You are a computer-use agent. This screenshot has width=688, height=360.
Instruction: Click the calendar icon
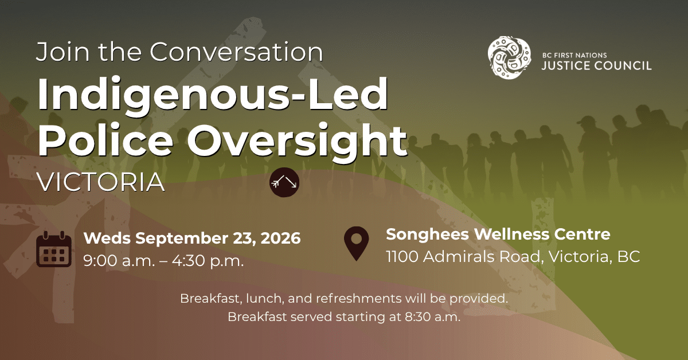54,249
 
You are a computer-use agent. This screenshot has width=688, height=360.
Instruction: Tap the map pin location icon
356,244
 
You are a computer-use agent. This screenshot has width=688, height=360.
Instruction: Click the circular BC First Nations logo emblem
509,57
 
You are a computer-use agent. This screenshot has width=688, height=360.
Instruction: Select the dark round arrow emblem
284,182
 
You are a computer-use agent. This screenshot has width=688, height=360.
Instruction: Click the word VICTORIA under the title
101,182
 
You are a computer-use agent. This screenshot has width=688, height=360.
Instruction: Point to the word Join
63,52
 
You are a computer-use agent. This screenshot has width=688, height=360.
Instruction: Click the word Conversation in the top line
236,52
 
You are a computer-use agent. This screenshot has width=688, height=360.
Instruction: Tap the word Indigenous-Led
213,95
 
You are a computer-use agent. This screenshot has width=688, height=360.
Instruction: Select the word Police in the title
105,140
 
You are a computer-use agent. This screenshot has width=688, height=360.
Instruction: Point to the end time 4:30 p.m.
208,261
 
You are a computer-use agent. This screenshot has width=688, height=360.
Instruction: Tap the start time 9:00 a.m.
119,261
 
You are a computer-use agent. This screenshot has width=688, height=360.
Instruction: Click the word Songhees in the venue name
427,235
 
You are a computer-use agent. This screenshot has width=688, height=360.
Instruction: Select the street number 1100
402,256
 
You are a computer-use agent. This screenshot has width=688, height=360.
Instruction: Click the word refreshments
359,298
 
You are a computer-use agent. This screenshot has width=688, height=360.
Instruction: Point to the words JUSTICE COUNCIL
596,66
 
